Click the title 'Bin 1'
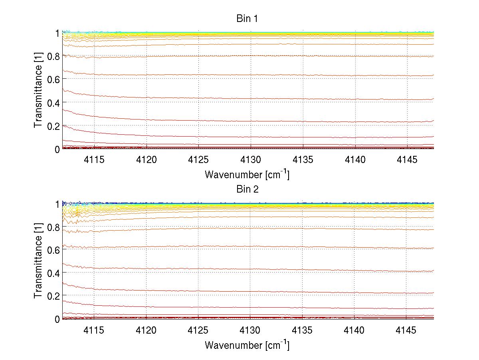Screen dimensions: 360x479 (x=247, y=19)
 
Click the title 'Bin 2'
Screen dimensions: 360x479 (x=247, y=189)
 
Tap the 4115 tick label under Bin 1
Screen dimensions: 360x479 (x=94, y=159)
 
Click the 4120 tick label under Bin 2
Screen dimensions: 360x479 (x=146, y=330)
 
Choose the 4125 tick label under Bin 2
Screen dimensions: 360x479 (x=198, y=330)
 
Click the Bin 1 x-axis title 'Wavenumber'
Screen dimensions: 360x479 (x=247, y=175)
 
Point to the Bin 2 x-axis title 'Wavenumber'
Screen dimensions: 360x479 (x=247, y=345)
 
